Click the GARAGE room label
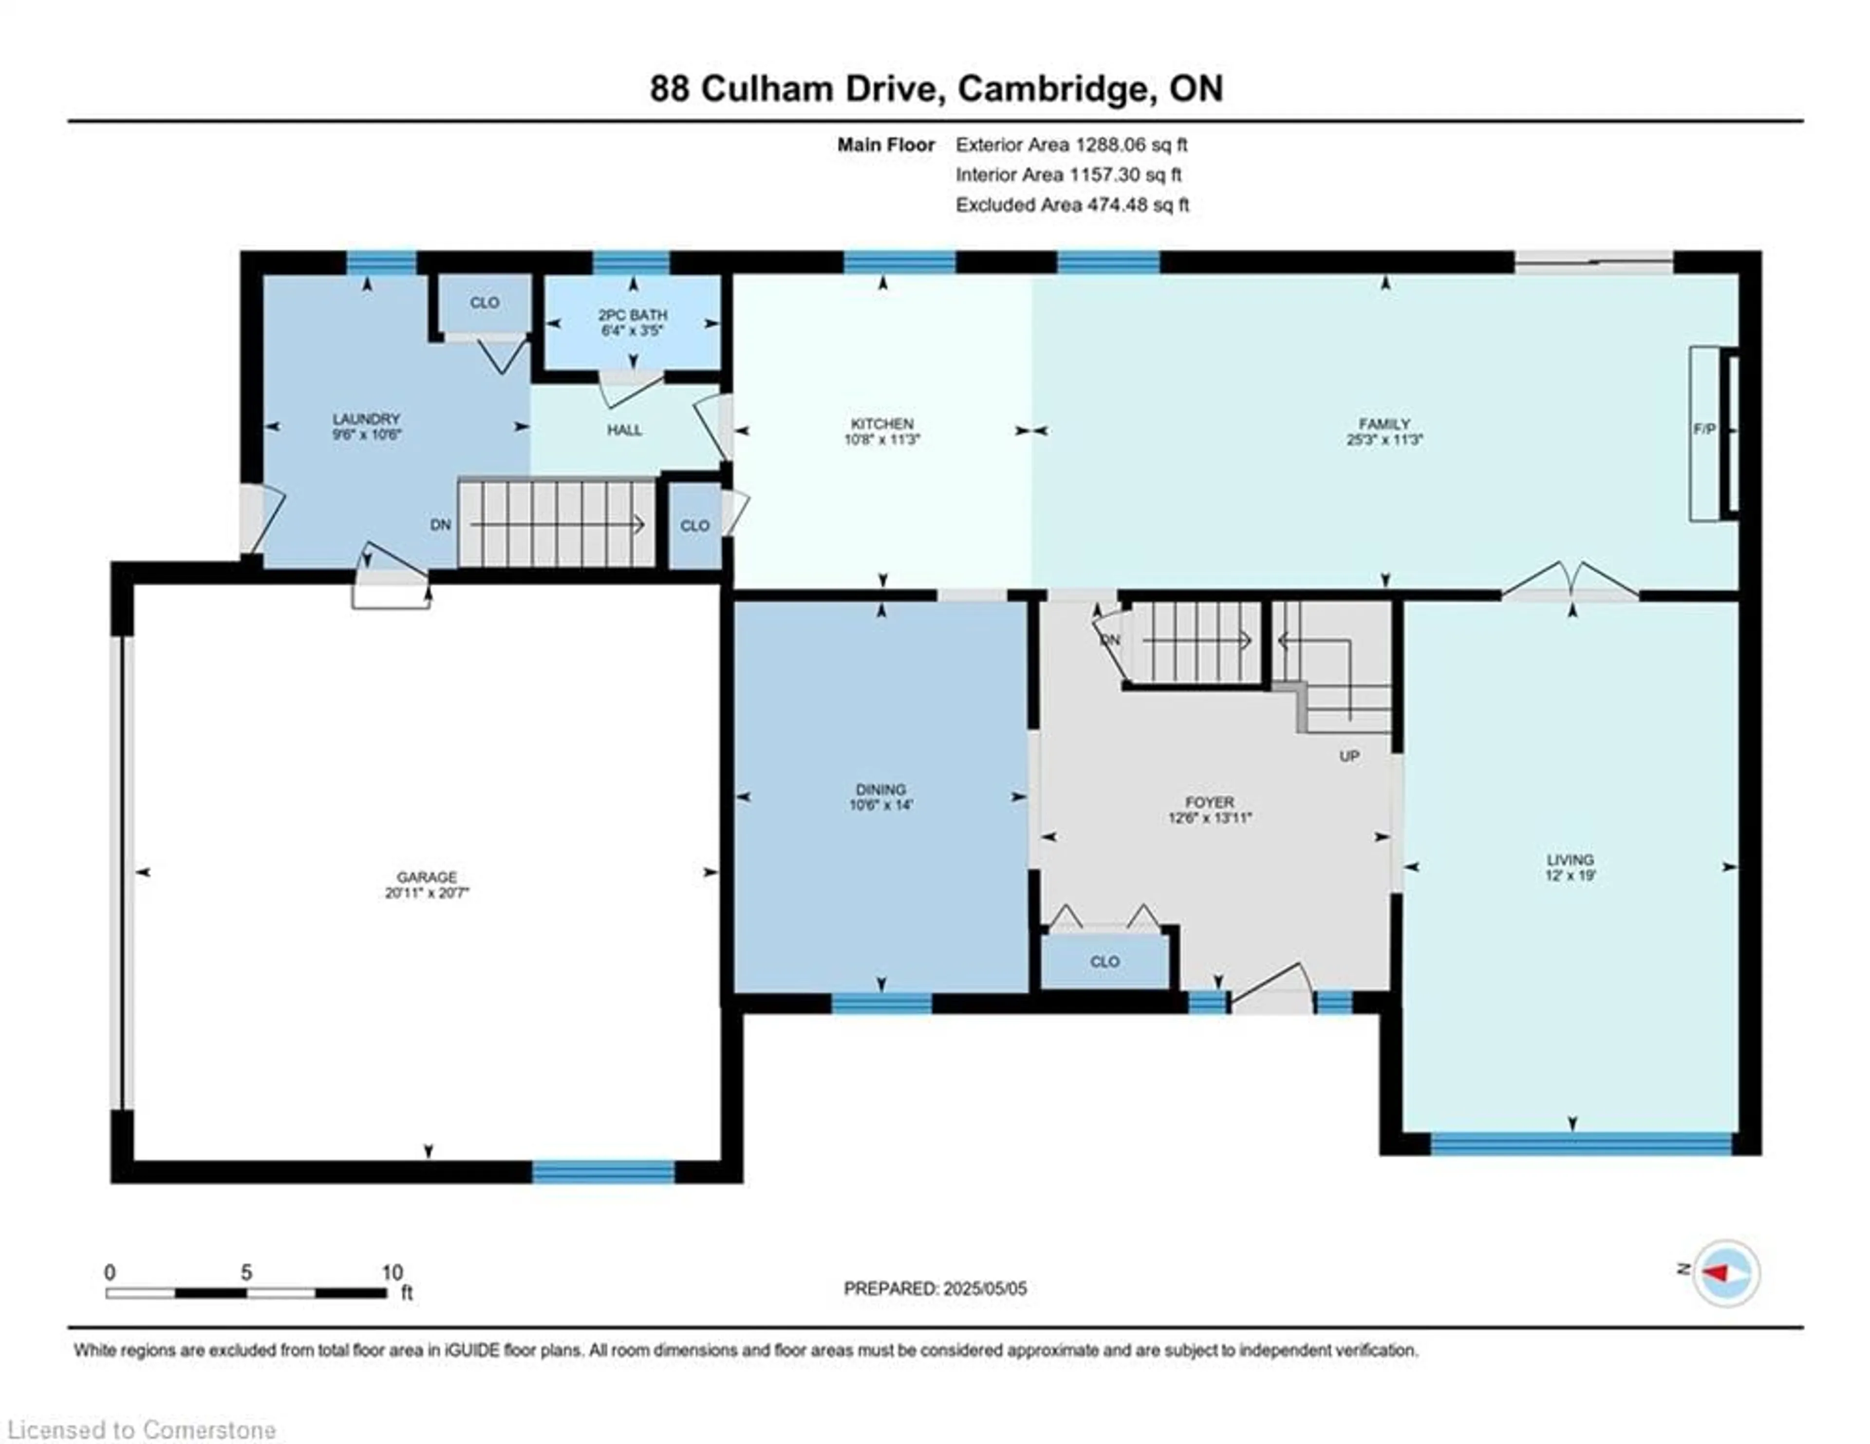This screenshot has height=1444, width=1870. [x=427, y=877]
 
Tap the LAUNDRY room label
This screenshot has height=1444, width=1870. [x=367, y=419]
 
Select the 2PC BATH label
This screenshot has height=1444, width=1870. [x=633, y=315]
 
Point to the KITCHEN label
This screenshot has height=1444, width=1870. [x=882, y=424]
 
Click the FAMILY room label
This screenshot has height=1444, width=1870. [x=1384, y=424]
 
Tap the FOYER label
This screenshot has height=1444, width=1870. [x=1210, y=802]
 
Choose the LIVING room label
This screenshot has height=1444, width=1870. [x=1571, y=860]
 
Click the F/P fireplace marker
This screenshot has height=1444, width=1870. [x=1704, y=429]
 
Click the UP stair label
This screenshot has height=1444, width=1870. [x=1349, y=756]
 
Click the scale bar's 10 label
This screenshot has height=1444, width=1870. [x=392, y=1273]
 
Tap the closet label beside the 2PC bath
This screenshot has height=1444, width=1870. [x=485, y=303]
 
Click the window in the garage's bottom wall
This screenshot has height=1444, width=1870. [x=604, y=1172]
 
